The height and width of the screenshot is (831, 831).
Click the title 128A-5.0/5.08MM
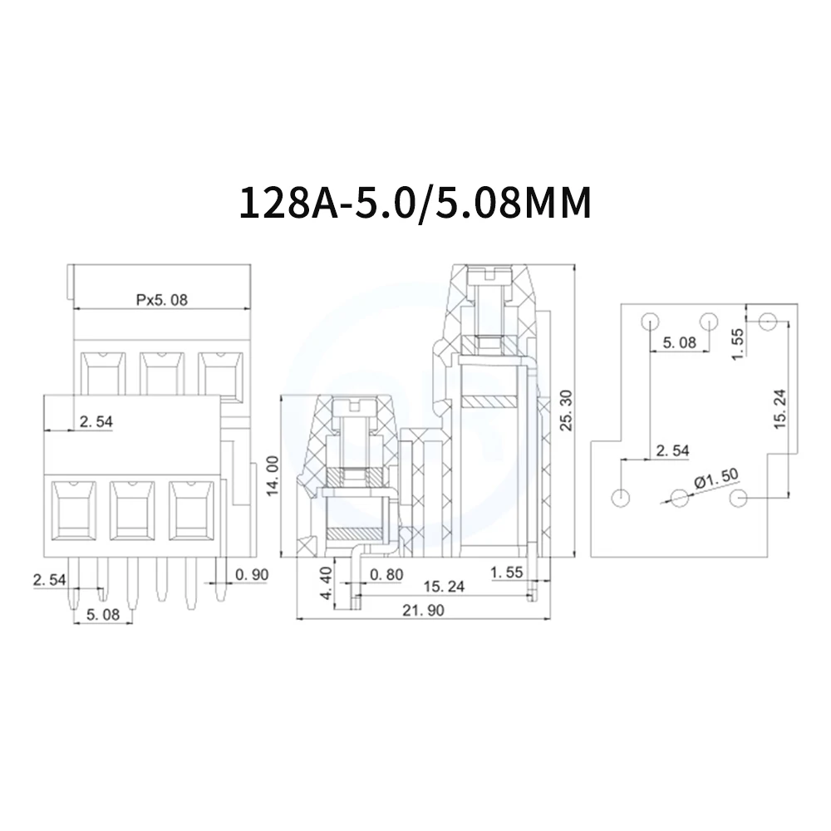pyautogui.click(x=415, y=203)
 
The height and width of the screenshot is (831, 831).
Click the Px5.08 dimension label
pyautogui.click(x=162, y=300)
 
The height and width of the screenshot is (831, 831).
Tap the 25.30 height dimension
pyautogui.click(x=567, y=411)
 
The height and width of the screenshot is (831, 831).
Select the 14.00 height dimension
pyautogui.click(x=273, y=475)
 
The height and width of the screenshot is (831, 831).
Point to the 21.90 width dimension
pyautogui.click(x=423, y=611)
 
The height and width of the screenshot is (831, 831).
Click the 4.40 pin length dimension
pyautogui.click(x=326, y=583)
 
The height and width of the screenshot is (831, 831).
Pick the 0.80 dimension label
pyautogui.click(x=386, y=574)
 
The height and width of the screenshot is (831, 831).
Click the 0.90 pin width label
pyautogui.click(x=252, y=574)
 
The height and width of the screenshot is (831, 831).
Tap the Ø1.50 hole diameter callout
pyautogui.click(x=716, y=478)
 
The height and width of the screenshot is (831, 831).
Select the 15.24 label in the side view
pyautogui.click(x=444, y=587)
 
